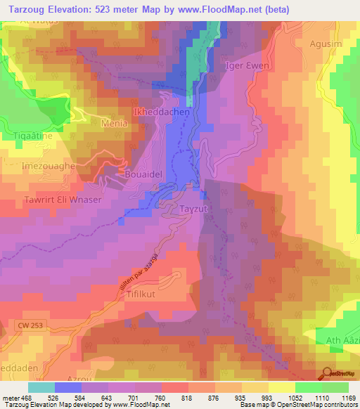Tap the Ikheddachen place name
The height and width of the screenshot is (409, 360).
pos(162,112)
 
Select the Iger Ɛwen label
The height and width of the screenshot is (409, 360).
pos(247,66)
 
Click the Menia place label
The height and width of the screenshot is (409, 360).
pos(115,123)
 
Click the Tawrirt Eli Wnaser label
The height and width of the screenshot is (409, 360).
pos(53,200)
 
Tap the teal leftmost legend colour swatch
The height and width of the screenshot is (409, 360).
pos(41,387)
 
